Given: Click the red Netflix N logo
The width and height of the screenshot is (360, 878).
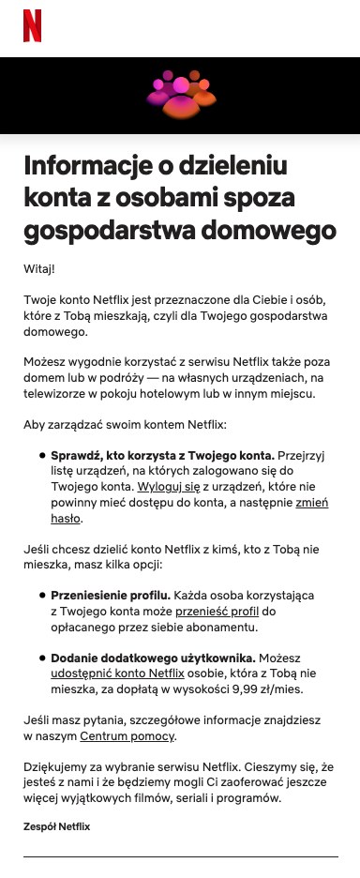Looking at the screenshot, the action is coord(32,25).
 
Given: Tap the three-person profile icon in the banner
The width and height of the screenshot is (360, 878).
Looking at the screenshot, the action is coord(180,96).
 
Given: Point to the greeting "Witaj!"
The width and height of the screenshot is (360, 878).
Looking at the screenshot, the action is coord(39,269).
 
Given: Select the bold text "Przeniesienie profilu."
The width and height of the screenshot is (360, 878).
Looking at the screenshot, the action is coord(105,596).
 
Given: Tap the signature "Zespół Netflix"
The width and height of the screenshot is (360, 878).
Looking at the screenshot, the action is coord(56,826).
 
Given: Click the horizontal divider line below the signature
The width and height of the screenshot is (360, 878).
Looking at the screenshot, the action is coord(180,856).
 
